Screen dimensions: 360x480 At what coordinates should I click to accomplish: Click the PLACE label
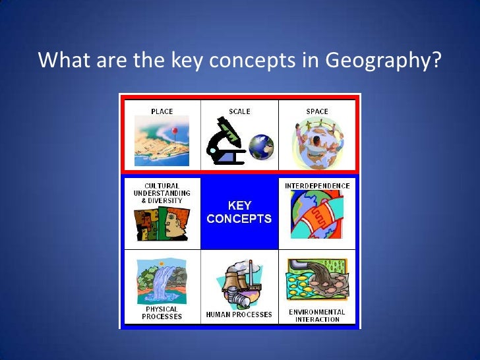pyautogui.click(x=162, y=111)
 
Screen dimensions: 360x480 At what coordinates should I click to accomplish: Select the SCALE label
pyautogui.click(x=239, y=111)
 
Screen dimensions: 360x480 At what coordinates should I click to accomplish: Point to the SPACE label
pyautogui.click(x=317, y=111)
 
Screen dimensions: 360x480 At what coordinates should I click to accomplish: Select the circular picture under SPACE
pyautogui.click(x=317, y=142)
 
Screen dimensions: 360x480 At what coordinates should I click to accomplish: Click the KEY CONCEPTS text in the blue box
pyautogui.click(x=239, y=212)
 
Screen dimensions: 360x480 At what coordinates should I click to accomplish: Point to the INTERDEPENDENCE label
pyautogui.click(x=317, y=186)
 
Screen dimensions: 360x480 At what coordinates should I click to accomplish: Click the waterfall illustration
pyautogui.click(x=161, y=280)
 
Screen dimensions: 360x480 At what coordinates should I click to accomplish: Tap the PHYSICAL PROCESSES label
pyautogui.click(x=162, y=313)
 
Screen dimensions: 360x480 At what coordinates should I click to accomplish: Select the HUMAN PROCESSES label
pyautogui.click(x=239, y=315)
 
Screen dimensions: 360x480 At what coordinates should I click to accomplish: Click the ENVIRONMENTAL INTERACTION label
pyautogui.click(x=317, y=315)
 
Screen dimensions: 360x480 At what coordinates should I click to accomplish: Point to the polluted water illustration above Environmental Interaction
pyautogui.click(x=317, y=281)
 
